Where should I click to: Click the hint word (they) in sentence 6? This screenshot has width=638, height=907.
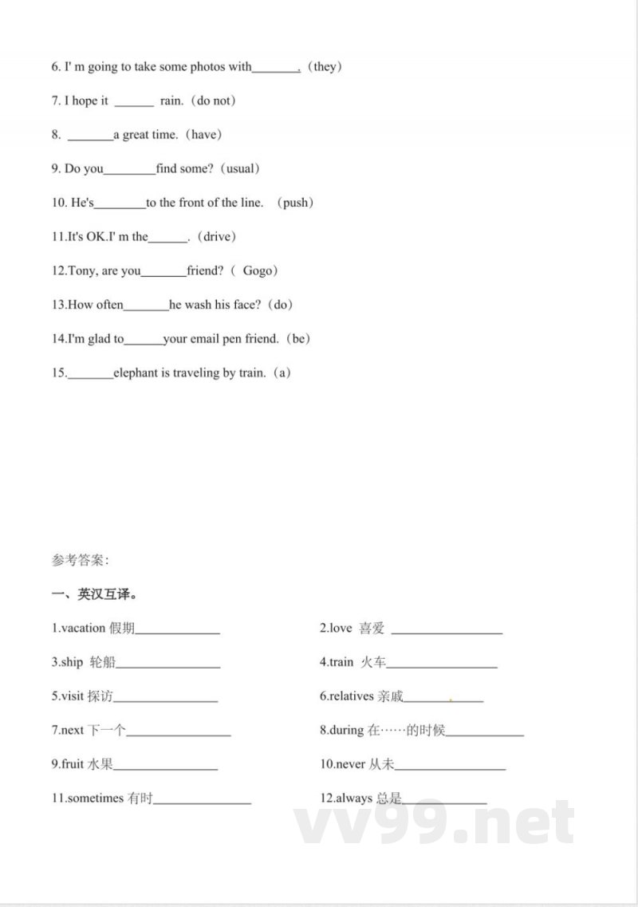(x=325, y=67)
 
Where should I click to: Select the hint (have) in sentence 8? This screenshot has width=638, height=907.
(x=203, y=135)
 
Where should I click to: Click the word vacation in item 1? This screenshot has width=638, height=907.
(x=83, y=629)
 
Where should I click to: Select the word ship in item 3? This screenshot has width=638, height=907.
(x=72, y=662)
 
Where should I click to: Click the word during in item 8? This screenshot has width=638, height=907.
(x=347, y=730)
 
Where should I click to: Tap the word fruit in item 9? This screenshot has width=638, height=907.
(x=73, y=764)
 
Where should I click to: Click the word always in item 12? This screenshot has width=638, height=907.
(x=353, y=799)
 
